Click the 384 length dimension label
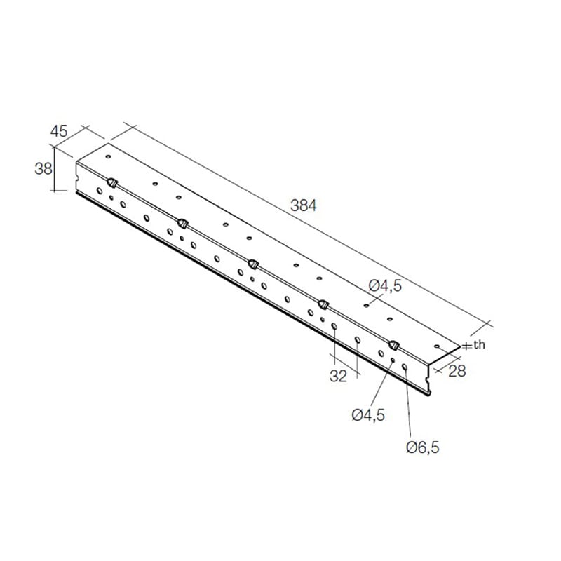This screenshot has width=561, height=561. pos(304,205)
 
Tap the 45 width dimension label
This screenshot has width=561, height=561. pos(59,131)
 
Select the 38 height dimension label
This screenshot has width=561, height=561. pos(43,168)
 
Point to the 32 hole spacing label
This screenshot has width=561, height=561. pos(338,376)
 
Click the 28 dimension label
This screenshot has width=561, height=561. pos(457,372)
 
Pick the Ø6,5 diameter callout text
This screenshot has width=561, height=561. pos(423,447)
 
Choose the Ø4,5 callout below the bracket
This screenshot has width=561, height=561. pos(368,415)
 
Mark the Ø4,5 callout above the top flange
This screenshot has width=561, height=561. pos(385,286)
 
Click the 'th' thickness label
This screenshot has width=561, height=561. pos(479,344)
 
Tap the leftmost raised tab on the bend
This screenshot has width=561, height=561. pos(112,182)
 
